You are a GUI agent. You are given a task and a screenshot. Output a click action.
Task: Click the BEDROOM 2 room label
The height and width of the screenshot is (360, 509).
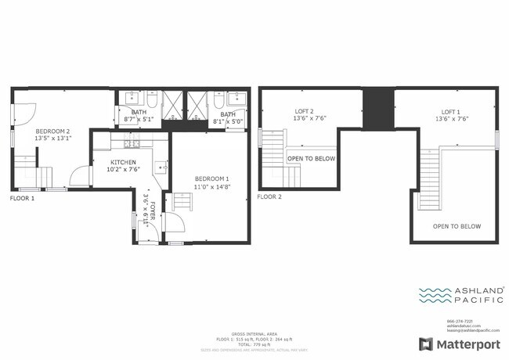[x=52, y=131]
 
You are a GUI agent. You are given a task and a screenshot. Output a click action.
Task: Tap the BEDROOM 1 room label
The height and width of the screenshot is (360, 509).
[x=212, y=178]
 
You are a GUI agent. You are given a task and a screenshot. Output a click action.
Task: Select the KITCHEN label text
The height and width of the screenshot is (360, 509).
[x=124, y=163]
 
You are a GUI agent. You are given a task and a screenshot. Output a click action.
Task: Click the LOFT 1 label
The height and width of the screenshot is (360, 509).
[x=450, y=112]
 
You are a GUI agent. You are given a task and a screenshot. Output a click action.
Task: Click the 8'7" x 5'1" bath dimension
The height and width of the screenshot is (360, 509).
[x=139, y=121]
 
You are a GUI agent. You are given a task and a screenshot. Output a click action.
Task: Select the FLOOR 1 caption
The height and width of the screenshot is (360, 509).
[x=22, y=199]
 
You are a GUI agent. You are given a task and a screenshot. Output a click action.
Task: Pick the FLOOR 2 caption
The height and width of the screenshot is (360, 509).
[x=269, y=197]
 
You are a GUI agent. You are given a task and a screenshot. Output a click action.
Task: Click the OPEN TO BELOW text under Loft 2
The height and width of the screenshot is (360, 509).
[x=311, y=158]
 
